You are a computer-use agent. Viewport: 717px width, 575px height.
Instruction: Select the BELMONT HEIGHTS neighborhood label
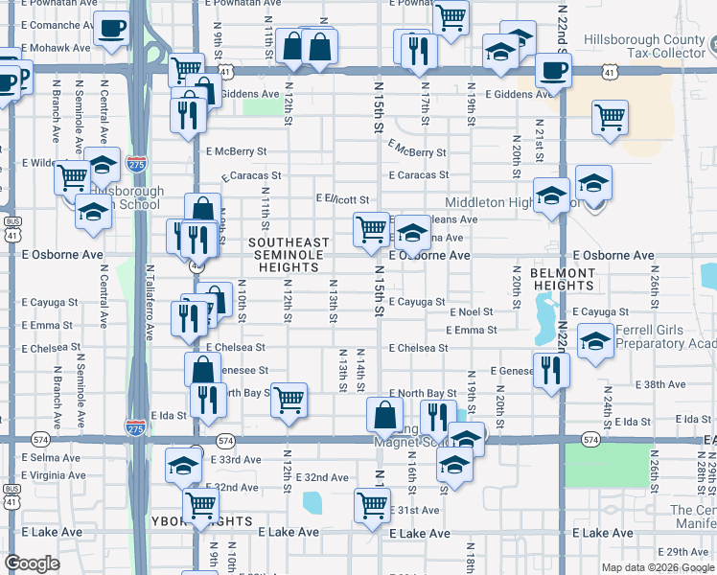pos(562,278)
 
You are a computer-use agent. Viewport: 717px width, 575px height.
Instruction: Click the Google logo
pos(31,564)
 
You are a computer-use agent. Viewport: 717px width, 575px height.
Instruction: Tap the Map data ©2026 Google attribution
pos(658,567)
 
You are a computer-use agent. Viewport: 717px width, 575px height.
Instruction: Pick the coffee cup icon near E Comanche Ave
pos(112,28)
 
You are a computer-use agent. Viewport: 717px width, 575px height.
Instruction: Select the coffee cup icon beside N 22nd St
pos(553,69)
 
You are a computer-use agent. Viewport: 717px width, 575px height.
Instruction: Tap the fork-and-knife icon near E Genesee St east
pos(550,369)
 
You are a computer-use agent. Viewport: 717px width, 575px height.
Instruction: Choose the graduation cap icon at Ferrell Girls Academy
pos(595,341)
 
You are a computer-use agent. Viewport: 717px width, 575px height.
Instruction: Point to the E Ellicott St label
pos(343,199)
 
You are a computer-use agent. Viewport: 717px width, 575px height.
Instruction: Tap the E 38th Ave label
pos(665,384)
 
